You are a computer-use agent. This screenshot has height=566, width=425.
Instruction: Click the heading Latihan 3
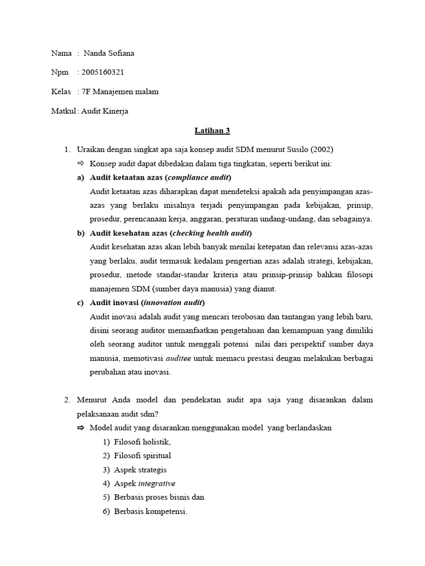[x=212, y=131]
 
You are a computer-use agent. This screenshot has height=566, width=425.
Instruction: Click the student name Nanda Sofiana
[x=108, y=53]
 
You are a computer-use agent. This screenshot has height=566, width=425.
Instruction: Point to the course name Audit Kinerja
[x=105, y=111]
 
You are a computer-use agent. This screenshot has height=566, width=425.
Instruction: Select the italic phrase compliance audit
[x=198, y=177]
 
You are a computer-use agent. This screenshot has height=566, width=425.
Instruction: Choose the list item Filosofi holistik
[x=142, y=442]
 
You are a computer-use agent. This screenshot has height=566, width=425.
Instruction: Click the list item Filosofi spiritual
[x=142, y=455]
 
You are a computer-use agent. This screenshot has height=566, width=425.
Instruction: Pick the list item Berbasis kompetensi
[x=151, y=511]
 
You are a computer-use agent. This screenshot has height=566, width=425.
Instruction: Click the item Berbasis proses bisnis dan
[x=159, y=497]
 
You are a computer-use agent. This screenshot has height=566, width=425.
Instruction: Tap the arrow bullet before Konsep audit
[x=80, y=164]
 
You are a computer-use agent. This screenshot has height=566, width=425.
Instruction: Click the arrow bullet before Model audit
[x=80, y=427]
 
